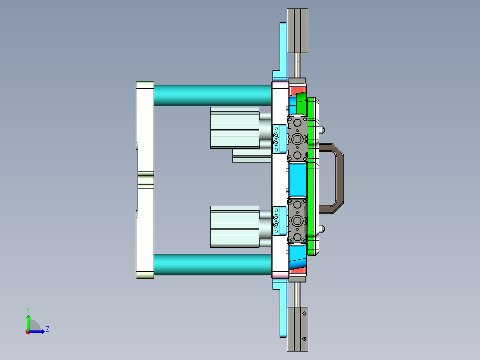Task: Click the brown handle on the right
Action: click(x=338, y=178)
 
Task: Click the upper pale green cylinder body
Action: click(x=235, y=128)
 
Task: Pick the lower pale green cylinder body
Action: click(x=235, y=227)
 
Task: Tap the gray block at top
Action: click(x=297, y=31)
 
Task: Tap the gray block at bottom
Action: click(x=297, y=329)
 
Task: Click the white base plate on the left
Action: click(x=145, y=180)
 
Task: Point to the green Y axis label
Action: click(x=28, y=310)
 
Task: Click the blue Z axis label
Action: click(x=48, y=329)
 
